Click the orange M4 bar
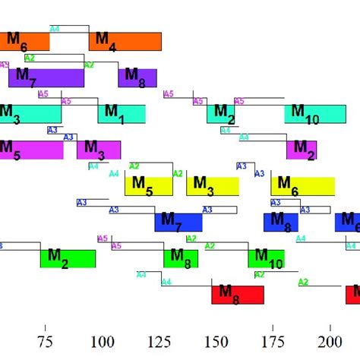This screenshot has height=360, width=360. click(125, 42)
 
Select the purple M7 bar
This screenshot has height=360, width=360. click(46, 77)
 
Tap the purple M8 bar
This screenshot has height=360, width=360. click(137, 77)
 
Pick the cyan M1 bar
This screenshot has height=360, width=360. click(122, 114)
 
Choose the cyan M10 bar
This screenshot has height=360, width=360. click(315, 114)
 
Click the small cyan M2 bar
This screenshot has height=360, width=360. click(221, 114)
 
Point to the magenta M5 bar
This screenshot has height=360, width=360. click(32, 150)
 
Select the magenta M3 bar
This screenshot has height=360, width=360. click(99, 150)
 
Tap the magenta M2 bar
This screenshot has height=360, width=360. click(302, 150)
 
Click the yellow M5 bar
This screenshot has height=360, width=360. click(149, 186)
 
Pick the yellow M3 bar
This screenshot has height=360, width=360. click(213, 186)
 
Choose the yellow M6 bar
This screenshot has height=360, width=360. click(303, 186)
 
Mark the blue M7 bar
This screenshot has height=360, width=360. click(178, 222)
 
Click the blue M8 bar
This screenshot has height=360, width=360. click(280, 222)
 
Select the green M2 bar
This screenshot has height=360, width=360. click(68, 258)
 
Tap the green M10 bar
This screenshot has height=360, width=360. click(266, 258)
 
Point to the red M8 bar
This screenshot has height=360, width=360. click(238, 295)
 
